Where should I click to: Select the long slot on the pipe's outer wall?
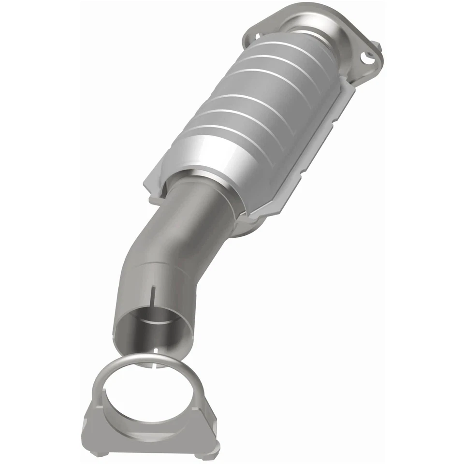154,295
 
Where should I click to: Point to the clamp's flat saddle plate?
145,433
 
